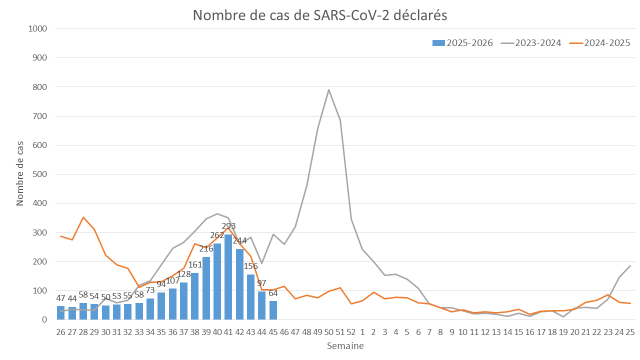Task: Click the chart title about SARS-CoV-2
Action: (320, 15)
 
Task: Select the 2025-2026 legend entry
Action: (462, 43)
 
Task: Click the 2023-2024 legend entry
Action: (531, 43)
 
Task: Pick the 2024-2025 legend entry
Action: (600, 43)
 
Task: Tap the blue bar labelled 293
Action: (228, 277)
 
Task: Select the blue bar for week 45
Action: (273, 310)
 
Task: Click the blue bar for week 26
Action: (61, 313)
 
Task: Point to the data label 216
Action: (206, 248)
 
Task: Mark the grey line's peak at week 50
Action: (329, 90)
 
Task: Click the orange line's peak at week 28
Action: (83, 217)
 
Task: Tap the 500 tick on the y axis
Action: (40, 174)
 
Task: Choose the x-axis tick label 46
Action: (284, 332)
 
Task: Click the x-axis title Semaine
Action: (345, 346)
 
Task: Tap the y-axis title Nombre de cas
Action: (20, 174)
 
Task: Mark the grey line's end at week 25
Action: (630, 265)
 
